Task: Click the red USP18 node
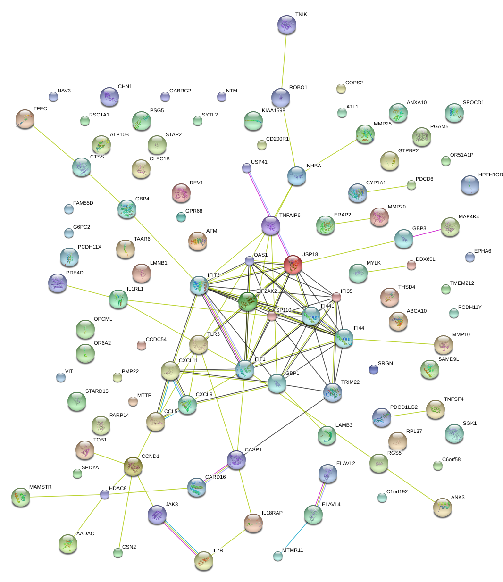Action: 293,265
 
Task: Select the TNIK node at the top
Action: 286,25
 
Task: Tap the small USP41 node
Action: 246,167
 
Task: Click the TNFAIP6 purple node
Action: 270,225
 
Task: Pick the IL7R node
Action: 203,560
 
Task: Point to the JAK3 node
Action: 157,515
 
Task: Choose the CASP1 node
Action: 236,460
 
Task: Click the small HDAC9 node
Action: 105,494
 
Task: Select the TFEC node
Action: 25,119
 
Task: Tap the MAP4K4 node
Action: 450,227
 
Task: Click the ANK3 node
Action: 442,507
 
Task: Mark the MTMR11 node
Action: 278,556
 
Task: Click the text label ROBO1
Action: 298,88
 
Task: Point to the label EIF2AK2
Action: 266,291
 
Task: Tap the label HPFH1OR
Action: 490,175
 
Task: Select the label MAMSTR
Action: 41,487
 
